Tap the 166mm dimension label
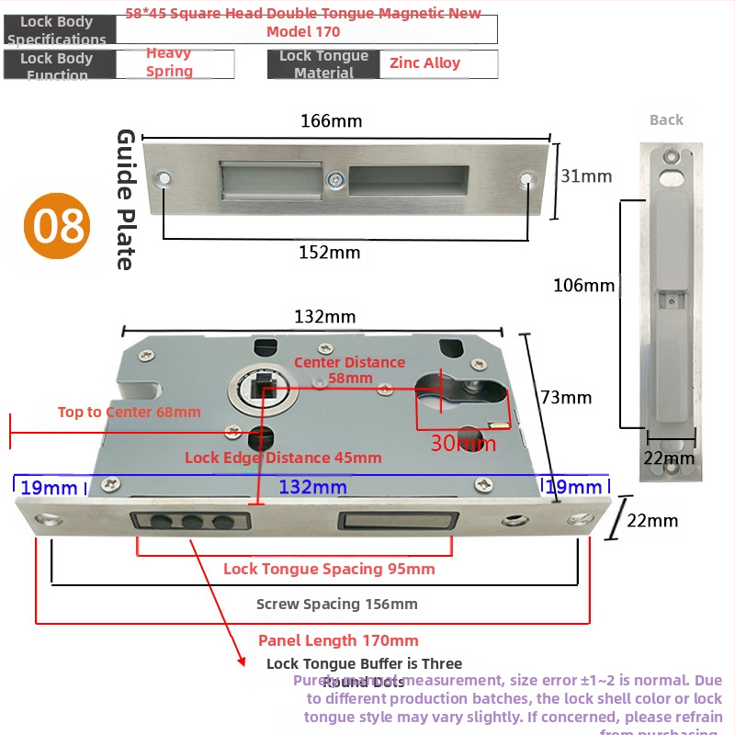click(x=332, y=121)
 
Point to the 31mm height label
click(x=586, y=176)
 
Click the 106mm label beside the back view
click(x=584, y=286)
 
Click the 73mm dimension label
click(x=566, y=398)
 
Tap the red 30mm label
click(x=463, y=444)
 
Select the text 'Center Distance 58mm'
click(x=349, y=369)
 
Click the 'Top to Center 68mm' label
click(x=129, y=412)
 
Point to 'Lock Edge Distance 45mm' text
click(x=283, y=458)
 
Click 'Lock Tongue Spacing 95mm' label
click(x=329, y=569)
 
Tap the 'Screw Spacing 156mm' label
click(x=336, y=604)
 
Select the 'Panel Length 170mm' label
click(x=338, y=640)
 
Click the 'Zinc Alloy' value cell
click(x=425, y=63)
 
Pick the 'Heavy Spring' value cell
click(x=170, y=62)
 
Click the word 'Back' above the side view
click(x=666, y=119)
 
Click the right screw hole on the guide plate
click(x=526, y=179)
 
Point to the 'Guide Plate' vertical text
click(x=126, y=199)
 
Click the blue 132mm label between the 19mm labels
click(x=312, y=487)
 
